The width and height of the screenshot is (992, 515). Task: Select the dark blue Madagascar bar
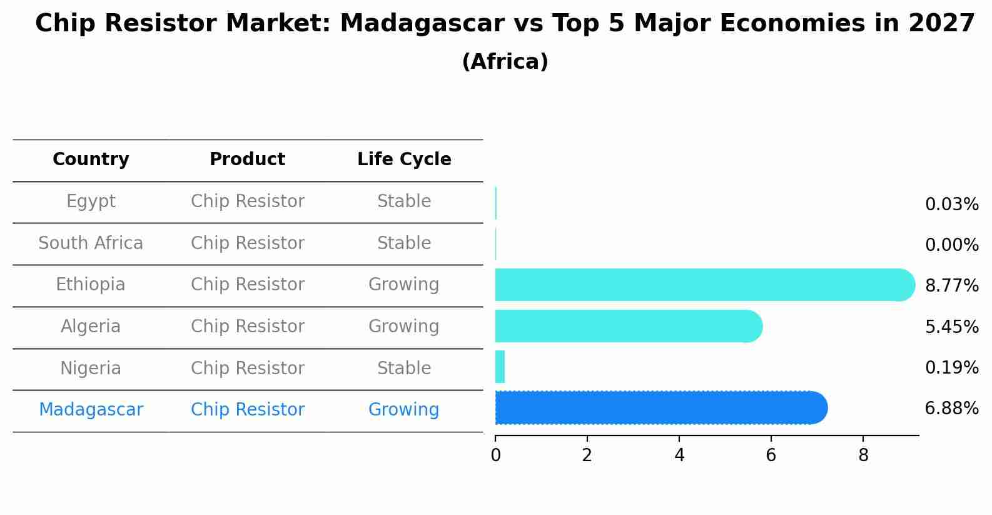point(660,408)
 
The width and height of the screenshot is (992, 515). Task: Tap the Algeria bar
point(628,326)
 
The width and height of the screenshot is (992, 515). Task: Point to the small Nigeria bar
point(500,367)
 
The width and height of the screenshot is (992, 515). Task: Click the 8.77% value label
point(951,286)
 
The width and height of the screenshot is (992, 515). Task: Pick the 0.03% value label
point(951,205)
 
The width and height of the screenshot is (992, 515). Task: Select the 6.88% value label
point(951,409)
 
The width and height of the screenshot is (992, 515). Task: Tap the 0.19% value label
point(951,368)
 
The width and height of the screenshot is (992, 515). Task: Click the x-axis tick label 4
point(679,456)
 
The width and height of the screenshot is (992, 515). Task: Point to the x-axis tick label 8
point(863,456)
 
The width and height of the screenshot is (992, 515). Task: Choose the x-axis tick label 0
point(495,456)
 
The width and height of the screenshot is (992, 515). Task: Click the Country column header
point(91,160)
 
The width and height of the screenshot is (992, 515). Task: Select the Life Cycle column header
point(404,160)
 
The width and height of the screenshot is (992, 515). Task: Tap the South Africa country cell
point(91,243)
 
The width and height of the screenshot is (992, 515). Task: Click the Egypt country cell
point(91,201)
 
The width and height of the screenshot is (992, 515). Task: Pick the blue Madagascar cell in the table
point(91,410)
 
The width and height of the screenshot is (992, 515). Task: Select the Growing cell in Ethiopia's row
point(403,285)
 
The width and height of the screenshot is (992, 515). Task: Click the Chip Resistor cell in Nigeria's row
point(248,369)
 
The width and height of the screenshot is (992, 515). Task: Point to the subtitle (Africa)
point(505,62)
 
